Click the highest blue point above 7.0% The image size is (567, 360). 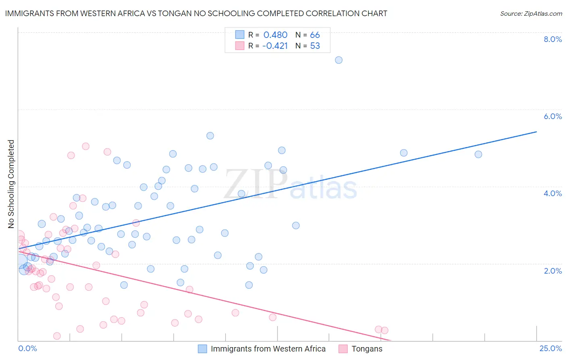[x=339, y=60]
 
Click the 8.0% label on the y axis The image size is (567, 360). [x=552, y=39]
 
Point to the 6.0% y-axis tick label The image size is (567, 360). [x=552, y=116]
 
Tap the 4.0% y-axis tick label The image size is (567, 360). [x=552, y=193]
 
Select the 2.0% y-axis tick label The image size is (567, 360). [x=552, y=271]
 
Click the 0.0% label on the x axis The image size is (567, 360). [x=27, y=349]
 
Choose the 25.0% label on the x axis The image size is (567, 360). [x=550, y=349]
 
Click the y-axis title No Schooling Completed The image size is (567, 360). [x=11, y=184]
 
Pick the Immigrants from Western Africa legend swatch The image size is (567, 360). [x=202, y=349]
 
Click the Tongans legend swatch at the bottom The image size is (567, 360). [x=343, y=349]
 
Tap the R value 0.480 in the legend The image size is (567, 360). [x=275, y=35]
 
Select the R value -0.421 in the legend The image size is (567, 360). [x=275, y=46]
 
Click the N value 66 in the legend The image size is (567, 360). [x=315, y=35]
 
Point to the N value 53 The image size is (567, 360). [x=315, y=46]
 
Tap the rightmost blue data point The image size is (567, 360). [x=478, y=154]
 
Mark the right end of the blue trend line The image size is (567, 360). [x=536, y=132]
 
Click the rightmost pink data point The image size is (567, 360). [x=385, y=331]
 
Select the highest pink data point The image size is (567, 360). [x=85, y=147]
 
